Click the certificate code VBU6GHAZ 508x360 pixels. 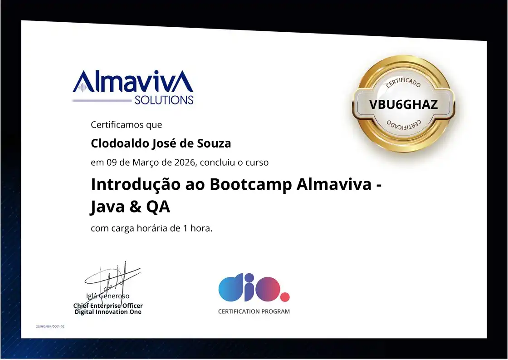click(403, 104)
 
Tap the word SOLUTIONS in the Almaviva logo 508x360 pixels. click(164, 100)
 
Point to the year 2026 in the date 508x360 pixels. click(185, 162)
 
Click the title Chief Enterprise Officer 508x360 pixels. click(108, 306)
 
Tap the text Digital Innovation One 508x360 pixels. click(108, 312)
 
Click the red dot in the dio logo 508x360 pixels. click(285, 297)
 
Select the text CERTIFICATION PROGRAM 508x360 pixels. click(254, 311)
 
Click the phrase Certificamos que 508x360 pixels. click(127, 124)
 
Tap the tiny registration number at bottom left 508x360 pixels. click(50, 326)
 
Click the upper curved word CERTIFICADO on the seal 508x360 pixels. click(403, 83)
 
